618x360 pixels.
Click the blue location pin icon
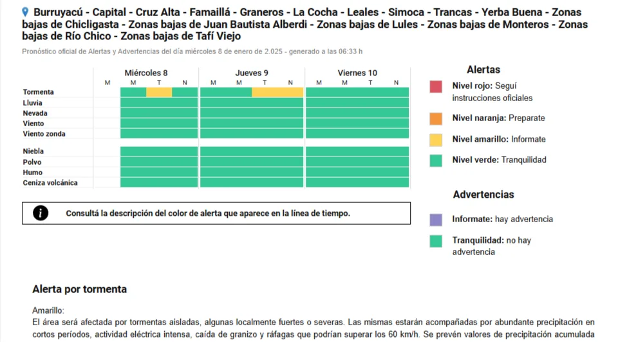point(25,12)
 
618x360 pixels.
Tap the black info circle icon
point(41,213)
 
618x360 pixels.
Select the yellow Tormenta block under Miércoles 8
point(159,92)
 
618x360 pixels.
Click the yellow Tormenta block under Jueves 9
point(277,92)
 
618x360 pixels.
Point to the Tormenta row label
point(38,92)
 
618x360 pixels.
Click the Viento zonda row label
point(44,134)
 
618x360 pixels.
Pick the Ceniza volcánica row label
point(50,182)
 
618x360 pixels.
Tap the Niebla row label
point(33,151)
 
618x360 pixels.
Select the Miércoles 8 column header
point(146,73)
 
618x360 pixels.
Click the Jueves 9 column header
point(252,73)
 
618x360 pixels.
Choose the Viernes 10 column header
point(357,73)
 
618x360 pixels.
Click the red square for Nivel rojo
point(436,87)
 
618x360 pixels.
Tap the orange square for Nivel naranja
point(436,118)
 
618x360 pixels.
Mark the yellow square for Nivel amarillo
point(436,140)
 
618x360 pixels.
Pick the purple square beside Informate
point(436,220)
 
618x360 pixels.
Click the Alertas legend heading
point(483,70)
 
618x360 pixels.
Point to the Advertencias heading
point(483,194)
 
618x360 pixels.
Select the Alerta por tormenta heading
point(80,289)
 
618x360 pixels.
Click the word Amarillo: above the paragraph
point(48,310)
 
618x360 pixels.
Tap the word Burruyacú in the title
point(58,12)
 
